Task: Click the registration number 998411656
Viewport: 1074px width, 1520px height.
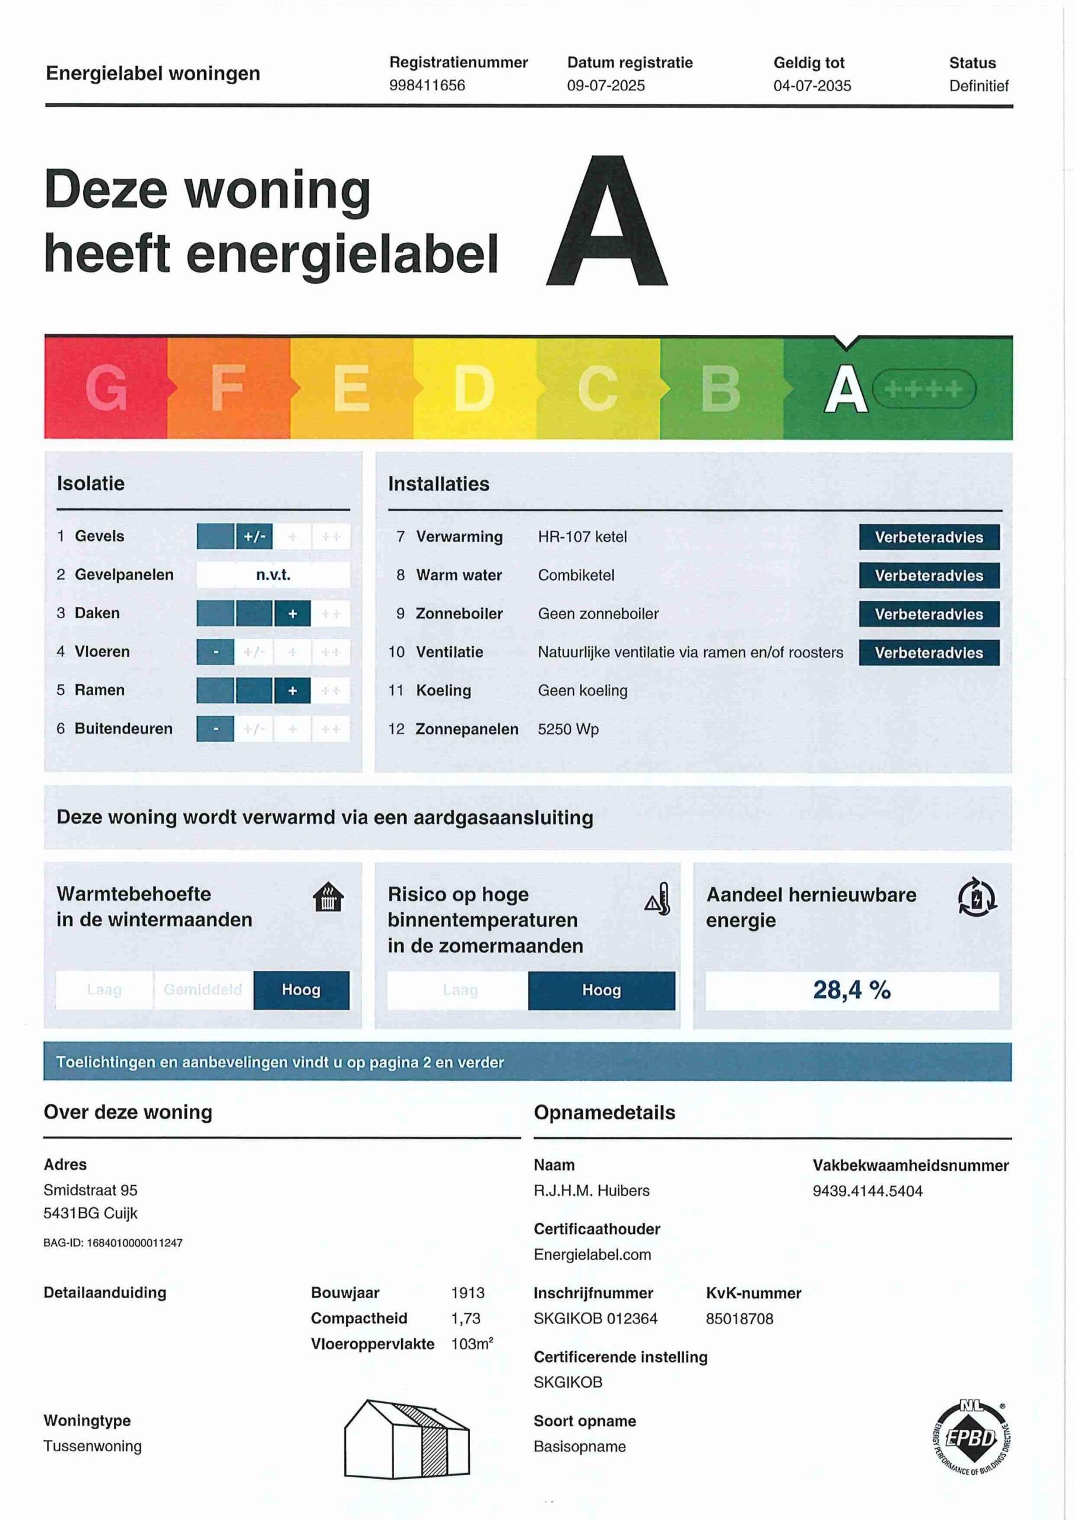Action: pos(427,85)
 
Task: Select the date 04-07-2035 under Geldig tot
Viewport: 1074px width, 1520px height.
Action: pos(812,85)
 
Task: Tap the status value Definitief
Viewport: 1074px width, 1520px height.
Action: pos(978,85)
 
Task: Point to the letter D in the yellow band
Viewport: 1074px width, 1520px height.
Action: pos(474,388)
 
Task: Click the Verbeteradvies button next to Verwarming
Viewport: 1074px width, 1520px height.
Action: pos(929,537)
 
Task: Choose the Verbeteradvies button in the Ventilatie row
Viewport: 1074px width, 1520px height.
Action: pos(929,653)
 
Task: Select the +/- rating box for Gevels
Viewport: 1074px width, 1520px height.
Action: pos(254,536)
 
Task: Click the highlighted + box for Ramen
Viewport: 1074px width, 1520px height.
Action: pos(293,691)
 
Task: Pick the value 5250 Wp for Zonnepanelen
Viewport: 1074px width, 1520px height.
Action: pos(568,729)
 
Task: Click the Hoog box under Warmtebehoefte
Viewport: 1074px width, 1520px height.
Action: pos(301,990)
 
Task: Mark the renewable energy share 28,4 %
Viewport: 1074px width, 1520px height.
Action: pos(851,990)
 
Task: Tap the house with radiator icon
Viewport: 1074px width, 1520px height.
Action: pos(328,898)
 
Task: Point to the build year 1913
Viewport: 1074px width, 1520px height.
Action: pos(467,1292)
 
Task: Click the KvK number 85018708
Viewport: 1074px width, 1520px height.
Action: pos(739,1318)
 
